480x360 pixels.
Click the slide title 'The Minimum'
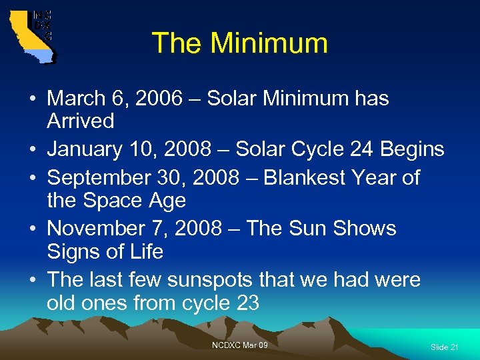click(x=240, y=43)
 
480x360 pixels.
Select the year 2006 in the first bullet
click(x=157, y=99)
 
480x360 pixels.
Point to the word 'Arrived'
click(x=80, y=121)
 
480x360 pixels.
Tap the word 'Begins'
click(x=411, y=149)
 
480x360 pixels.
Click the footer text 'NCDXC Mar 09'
click(x=240, y=345)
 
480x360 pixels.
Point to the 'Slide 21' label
click(x=444, y=347)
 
